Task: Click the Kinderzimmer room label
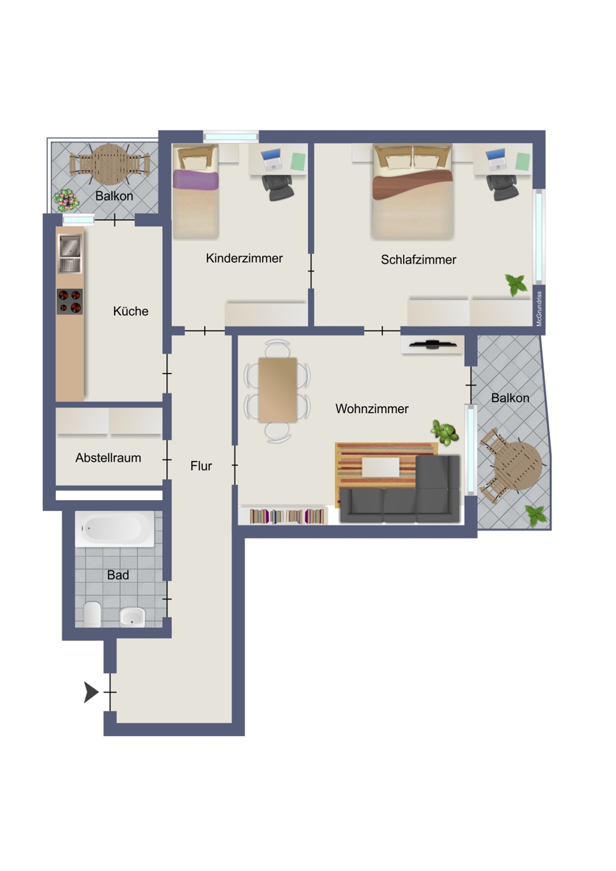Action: point(244,258)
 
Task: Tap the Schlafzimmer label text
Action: point(418,260)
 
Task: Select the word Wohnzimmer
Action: point(371,409)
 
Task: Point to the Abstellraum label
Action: point(108,459)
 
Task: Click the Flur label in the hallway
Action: point(201,466)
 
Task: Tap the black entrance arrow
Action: point(91,692)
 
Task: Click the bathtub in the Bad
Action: point(115,530)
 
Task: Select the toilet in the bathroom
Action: point(92,615)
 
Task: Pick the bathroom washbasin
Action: point(132,617)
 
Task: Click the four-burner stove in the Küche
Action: point(70,301)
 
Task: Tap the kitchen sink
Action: point(70,253)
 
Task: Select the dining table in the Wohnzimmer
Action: point(277,389)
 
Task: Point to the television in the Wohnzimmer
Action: point(431,344)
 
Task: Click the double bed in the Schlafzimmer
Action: point(413,191)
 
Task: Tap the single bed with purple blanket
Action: point(195,192)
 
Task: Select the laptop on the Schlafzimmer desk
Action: point(496,158)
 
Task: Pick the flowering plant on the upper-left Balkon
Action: point(65,197)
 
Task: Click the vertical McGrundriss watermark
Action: point(539,308)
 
